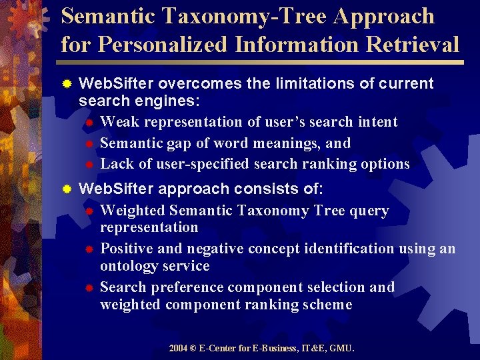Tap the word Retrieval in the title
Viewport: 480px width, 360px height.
[413, 44]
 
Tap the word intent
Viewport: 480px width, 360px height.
[377, 122]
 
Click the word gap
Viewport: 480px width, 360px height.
[175, 143]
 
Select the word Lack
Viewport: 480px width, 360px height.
[117, 163]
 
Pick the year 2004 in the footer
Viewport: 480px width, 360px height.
[178, 348]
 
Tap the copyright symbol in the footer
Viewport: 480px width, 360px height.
[195, 348]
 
